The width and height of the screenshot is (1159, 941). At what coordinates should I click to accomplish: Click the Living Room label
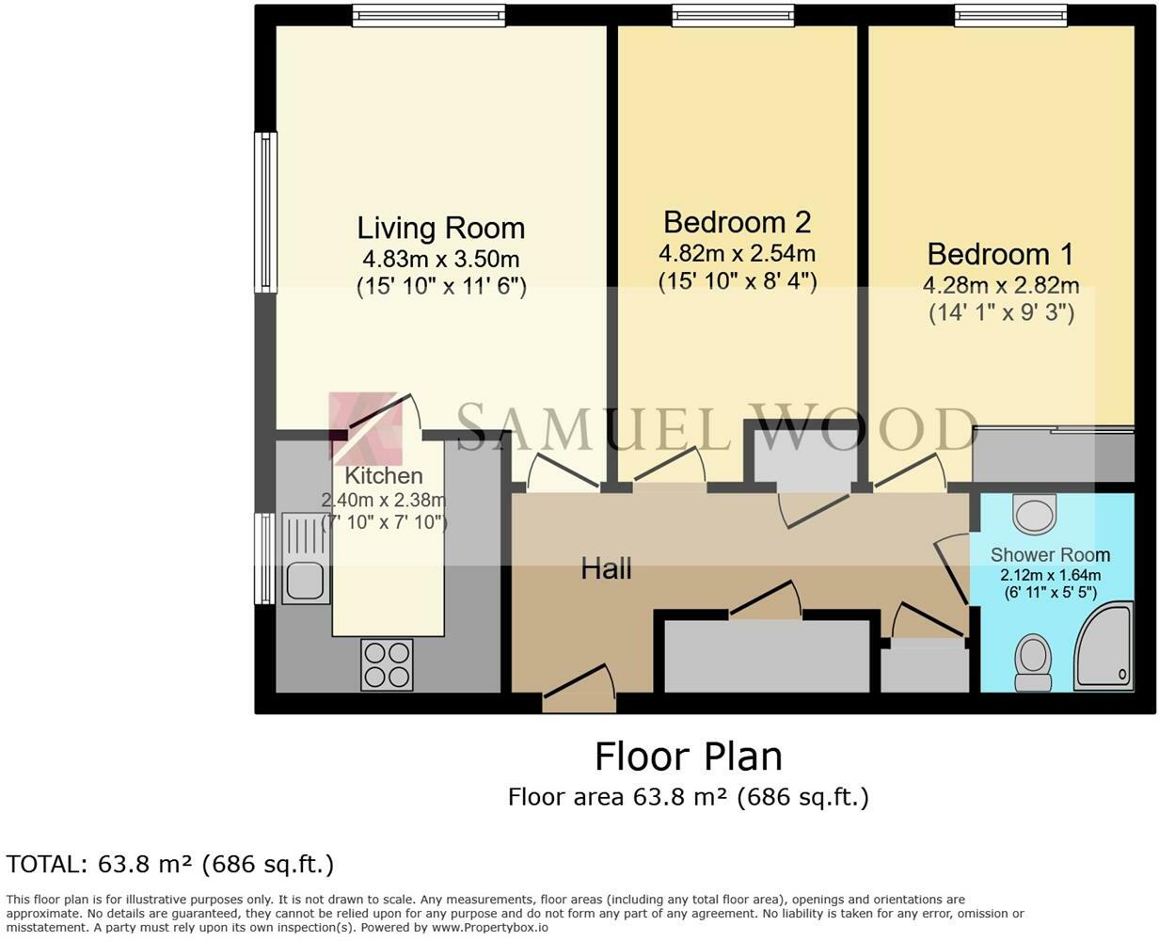pos(441,228)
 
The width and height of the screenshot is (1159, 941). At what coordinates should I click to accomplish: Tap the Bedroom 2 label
pos(738,222)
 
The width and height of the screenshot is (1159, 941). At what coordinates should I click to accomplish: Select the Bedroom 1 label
pos(1001,254)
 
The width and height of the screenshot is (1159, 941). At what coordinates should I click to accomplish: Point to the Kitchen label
pos(384,476)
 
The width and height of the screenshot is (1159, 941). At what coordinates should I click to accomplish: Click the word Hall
pos(606,569)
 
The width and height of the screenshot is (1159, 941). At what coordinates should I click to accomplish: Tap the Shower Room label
pos(1050,554)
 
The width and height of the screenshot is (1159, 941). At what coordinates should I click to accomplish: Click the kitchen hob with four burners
pos(387,665)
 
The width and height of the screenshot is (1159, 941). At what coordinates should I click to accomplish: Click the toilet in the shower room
pos(1032,662)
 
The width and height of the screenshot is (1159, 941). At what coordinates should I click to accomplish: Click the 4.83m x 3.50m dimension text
pos(441,259)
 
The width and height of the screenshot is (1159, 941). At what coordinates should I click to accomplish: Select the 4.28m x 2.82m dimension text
pos(1001,285)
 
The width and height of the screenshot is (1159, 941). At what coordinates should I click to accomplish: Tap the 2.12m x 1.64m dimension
pos(1050,575)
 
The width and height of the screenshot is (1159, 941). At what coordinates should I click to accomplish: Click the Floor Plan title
pos(689,757)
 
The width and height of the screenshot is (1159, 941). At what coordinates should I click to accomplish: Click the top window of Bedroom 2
pos(733,15)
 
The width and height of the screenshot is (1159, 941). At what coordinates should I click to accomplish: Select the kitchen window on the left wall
pos(265,558)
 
